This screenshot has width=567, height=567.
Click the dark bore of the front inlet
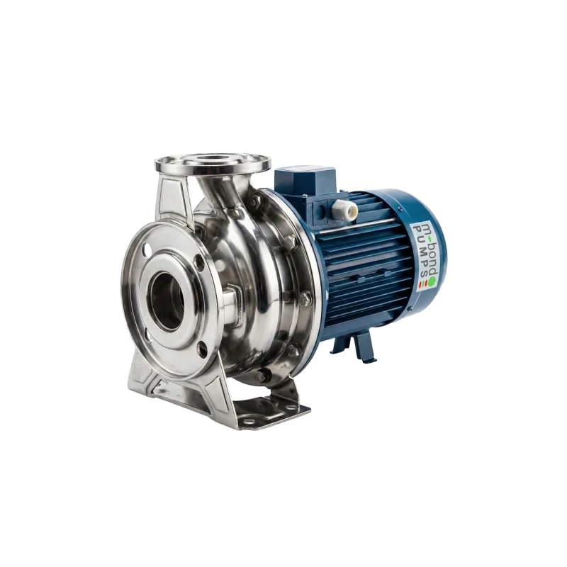167,300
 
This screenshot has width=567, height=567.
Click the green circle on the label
432,283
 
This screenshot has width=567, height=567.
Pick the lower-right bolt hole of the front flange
203,349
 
